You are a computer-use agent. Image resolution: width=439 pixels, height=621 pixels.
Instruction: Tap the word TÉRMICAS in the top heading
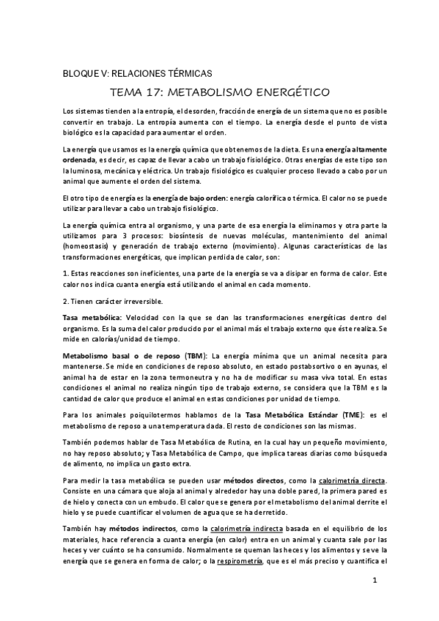click(183, 74)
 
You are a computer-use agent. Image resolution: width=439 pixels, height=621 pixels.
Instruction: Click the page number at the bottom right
click(374, 581)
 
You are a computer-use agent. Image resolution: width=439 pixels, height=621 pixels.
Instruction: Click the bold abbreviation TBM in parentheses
click(195, 354)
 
